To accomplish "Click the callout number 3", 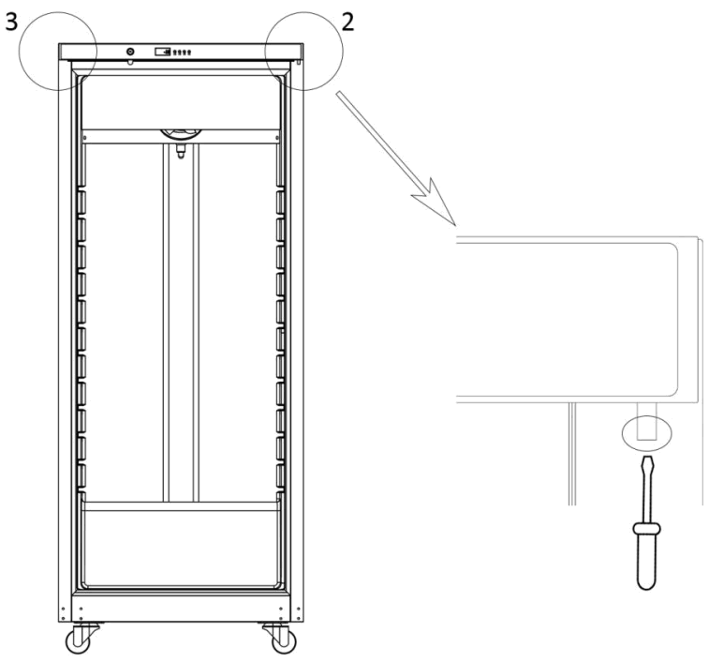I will pos(12,23).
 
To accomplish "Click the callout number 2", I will pos(347,23).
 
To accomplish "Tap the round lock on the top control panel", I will pos(129,52).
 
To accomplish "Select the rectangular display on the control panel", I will pos(161,52).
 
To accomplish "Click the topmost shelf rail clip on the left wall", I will pos(81,201).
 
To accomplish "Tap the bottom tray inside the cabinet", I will pos(181,544).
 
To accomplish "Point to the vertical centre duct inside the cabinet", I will pos(181,319).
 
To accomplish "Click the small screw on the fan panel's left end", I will pos(85,136).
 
